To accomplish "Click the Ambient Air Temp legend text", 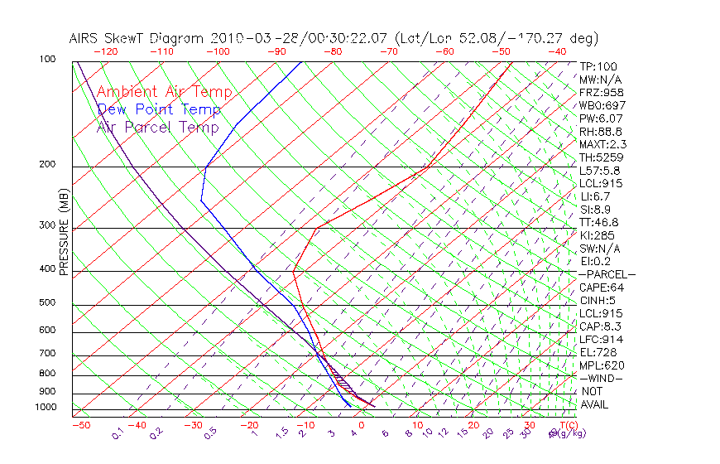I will (164, 92).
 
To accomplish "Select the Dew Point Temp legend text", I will (159, 109).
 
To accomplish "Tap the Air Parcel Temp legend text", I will (157, 127).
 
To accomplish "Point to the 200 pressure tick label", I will (47, 164).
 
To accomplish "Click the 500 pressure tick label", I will (47, 302).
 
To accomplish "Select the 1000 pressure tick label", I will (45, 407).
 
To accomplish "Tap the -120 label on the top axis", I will (105, 51).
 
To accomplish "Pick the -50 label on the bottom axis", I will (80, 425).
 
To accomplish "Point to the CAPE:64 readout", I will (601, 288).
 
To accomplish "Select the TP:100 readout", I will (598, 66).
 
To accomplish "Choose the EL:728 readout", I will (598, 352).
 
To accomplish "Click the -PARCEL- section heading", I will (607, 274).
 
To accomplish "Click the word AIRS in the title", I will (85, 38).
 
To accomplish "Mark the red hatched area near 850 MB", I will (342, 382).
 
